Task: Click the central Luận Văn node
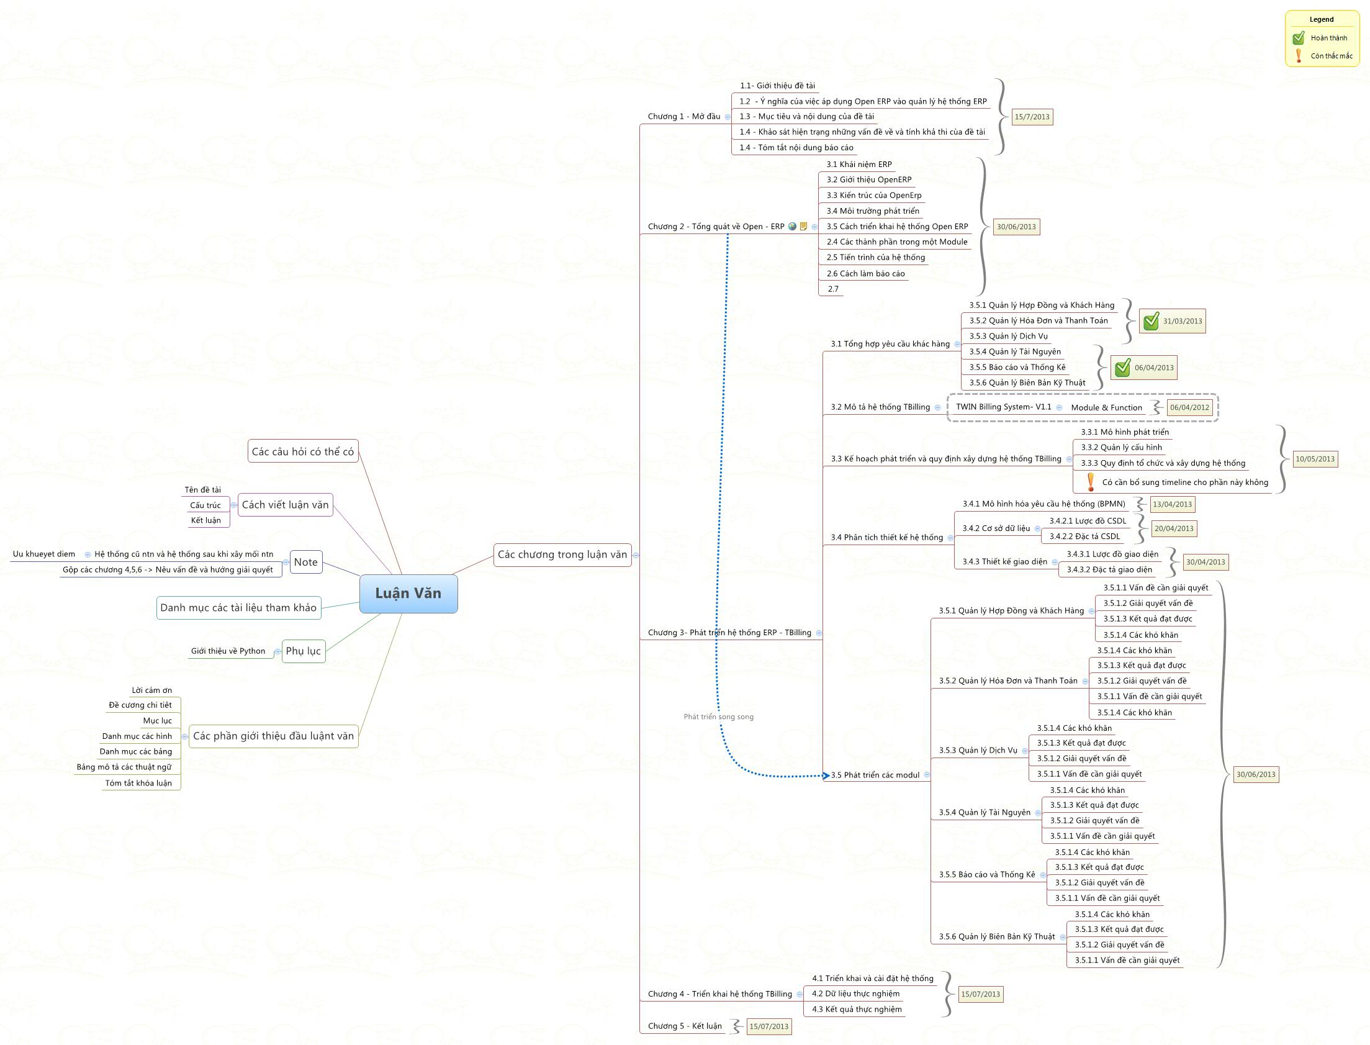(x=408, y=594)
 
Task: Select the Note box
(x=305, y=563)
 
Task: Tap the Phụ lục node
(x=303, y=651)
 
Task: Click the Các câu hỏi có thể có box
(x=302, y=451)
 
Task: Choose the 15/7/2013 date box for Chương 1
(x=1032, y=117)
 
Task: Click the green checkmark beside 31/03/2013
(x=1151, y=321)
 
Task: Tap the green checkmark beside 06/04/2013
(x=1122, y=368)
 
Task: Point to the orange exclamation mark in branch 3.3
(x=1090, y=482)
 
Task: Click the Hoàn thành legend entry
(x=1328, y=38)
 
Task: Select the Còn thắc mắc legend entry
(x=1331, y=56)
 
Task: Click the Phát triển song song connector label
(x=718, y=717)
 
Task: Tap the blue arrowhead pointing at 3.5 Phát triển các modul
(x=826, y=776)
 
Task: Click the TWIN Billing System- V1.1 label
(x=1003, y=407)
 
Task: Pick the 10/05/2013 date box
(x=1315, y=459)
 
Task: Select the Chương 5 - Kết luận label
(x=684, y=1026)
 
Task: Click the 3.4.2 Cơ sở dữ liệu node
(x=996, y=529)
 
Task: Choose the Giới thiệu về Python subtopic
(x=228, y=651)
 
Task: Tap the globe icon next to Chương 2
(x=791, y=227)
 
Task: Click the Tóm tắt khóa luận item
(x=138, y=783)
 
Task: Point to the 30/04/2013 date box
(x=1206, y=563)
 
